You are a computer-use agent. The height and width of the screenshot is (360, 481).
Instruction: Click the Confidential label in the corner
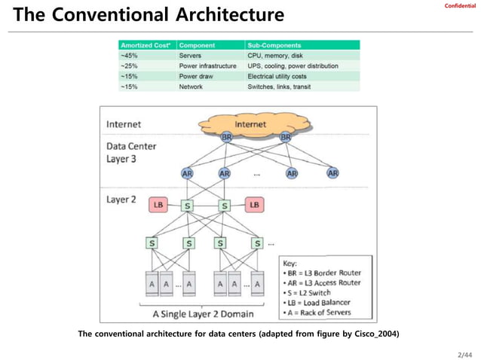460,6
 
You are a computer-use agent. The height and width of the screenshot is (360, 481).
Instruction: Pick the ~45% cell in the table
129,56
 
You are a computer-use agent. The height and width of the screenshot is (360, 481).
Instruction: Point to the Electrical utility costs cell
283,76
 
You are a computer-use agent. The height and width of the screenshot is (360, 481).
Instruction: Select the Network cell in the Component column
191,87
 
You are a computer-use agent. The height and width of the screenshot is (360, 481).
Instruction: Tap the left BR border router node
226,138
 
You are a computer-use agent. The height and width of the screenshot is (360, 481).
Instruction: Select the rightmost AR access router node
332,173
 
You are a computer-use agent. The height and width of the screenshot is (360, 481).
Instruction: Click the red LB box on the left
158,205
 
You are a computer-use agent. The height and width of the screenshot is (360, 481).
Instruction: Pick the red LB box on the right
255,205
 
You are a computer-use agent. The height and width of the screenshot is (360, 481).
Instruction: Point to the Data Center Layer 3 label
133,153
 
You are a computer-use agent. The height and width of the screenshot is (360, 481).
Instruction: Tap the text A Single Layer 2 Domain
204,314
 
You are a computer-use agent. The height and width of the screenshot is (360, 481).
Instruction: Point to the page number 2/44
464,353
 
